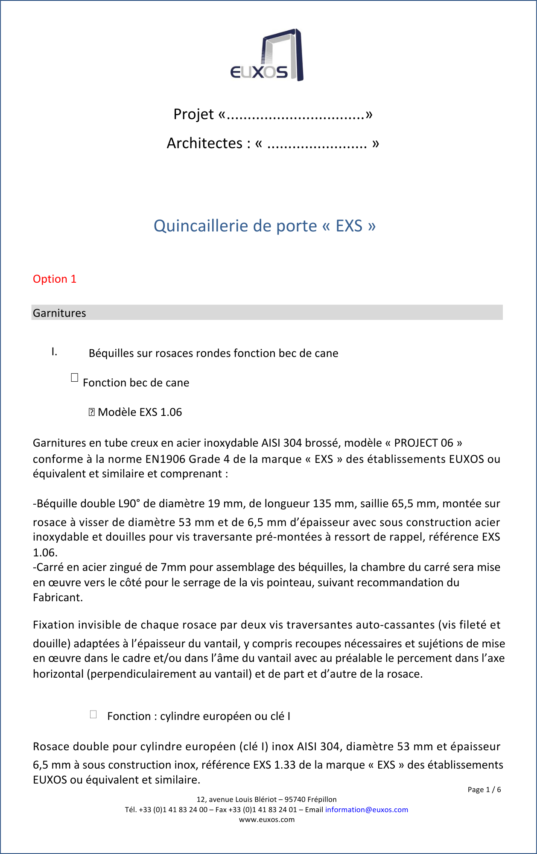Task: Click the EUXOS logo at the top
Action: pos(267,55)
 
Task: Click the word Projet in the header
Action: pos(193,114)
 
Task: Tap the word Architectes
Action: pos(204,143)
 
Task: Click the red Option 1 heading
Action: pos(55,279)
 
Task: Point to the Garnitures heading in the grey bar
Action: pos(59,313)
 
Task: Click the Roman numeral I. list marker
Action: pos(54,352)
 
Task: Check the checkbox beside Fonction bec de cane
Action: pos(75,377)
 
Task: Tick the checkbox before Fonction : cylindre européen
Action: pos(93,714)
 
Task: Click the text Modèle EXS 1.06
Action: pos(140,412)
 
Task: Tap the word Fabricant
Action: pos(57,598)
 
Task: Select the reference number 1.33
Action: pos(285,765)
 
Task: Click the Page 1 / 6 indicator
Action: pos(484,790)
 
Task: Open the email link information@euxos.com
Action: pos(366,810)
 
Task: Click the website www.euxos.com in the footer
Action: pos(267,819)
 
